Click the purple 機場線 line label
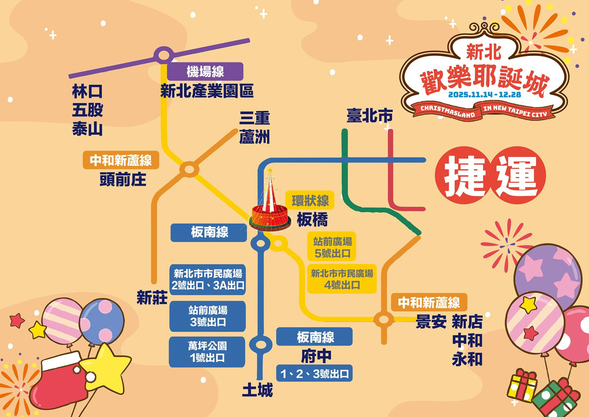point(205,72)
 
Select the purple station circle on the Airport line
point(163,56)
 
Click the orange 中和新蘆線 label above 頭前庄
point(121,160)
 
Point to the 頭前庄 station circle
point(188,170)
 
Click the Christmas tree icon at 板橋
point(269,207)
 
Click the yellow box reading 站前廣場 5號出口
point(332,247)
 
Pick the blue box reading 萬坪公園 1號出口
point(207,352)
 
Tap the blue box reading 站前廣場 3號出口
point(207,316)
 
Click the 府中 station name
point(314,355)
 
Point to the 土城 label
point(257,390)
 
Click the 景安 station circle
point(382,320)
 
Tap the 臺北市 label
point(370,116)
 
